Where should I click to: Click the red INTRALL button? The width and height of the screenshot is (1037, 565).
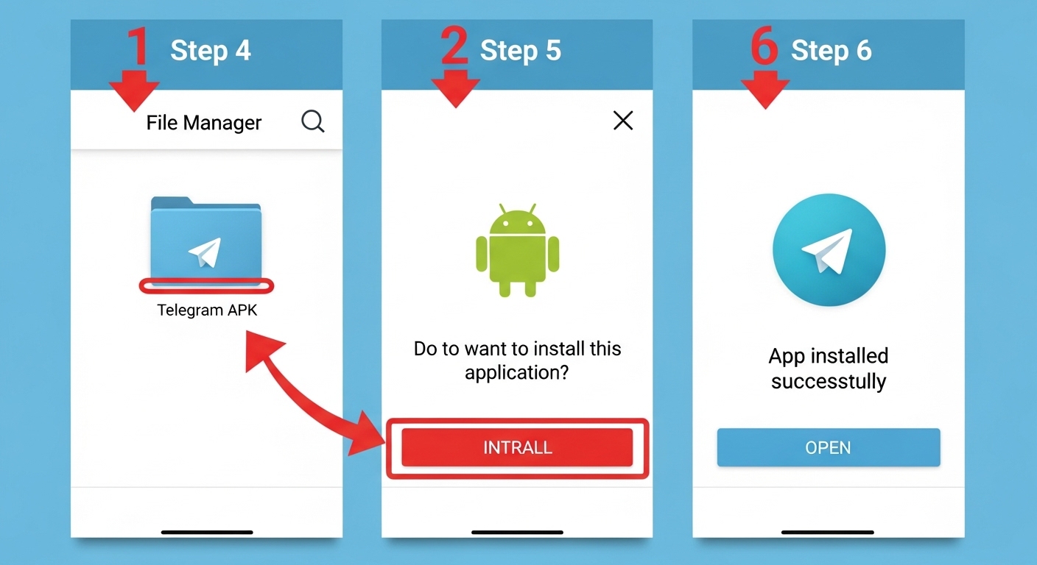517,447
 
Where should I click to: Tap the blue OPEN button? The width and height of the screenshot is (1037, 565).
829,447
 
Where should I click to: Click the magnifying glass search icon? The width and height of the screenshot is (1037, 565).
313,121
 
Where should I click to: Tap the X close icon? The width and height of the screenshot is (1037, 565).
623,121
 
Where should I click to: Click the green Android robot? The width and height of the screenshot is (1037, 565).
517,250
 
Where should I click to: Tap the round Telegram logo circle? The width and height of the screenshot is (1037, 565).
829,250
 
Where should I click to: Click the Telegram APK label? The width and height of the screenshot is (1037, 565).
207,310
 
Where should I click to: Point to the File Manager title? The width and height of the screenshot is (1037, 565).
204,122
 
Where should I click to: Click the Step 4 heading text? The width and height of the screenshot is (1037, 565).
211,51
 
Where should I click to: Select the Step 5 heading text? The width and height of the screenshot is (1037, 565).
521,51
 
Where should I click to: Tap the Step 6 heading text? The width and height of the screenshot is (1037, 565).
832,51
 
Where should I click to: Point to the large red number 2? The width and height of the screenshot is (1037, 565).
454,46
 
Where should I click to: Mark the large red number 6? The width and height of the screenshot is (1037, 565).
764,46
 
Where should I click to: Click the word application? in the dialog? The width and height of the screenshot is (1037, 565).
517,373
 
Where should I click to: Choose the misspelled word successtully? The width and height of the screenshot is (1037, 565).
829,382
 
